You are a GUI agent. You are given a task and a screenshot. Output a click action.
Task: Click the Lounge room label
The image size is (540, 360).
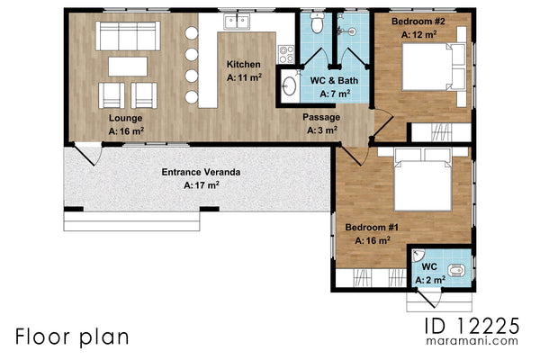pyautogui.click(x=125, y=118)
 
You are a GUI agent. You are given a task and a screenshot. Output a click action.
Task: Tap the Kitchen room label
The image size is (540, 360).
pyautogui.click(x=243, y=65)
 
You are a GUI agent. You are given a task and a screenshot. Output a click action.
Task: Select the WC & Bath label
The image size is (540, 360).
pyautogui.click(x=334, y=81)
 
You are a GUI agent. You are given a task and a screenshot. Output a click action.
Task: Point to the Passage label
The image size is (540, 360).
pyautogui.click(x=320, y=117)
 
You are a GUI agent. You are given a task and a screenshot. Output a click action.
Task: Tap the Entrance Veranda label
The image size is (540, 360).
pyautogui.click(x=201, y=172)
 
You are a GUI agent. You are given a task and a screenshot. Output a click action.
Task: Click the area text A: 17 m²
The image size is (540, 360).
pyautogui.click(x=201, y=185)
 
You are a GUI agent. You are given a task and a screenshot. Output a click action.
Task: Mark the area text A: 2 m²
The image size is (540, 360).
pyautogui.click(x=430, y=280)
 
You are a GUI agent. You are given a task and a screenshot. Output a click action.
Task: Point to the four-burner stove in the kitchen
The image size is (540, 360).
pyautogui.click(x=285, y=54)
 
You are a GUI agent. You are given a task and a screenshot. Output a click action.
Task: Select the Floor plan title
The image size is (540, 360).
pyautogui.click(x=71, y=336)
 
